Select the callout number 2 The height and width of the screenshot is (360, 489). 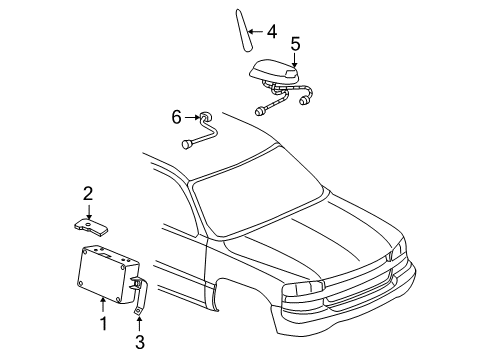pos(88,193)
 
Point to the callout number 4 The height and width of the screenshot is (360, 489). pos(272,32)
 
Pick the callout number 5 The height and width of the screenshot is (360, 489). pos(295,43)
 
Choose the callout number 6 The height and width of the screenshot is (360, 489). pos(177,117)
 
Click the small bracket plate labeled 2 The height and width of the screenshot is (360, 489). pos(93,227)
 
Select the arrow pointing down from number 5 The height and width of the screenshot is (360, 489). pos(295,57)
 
